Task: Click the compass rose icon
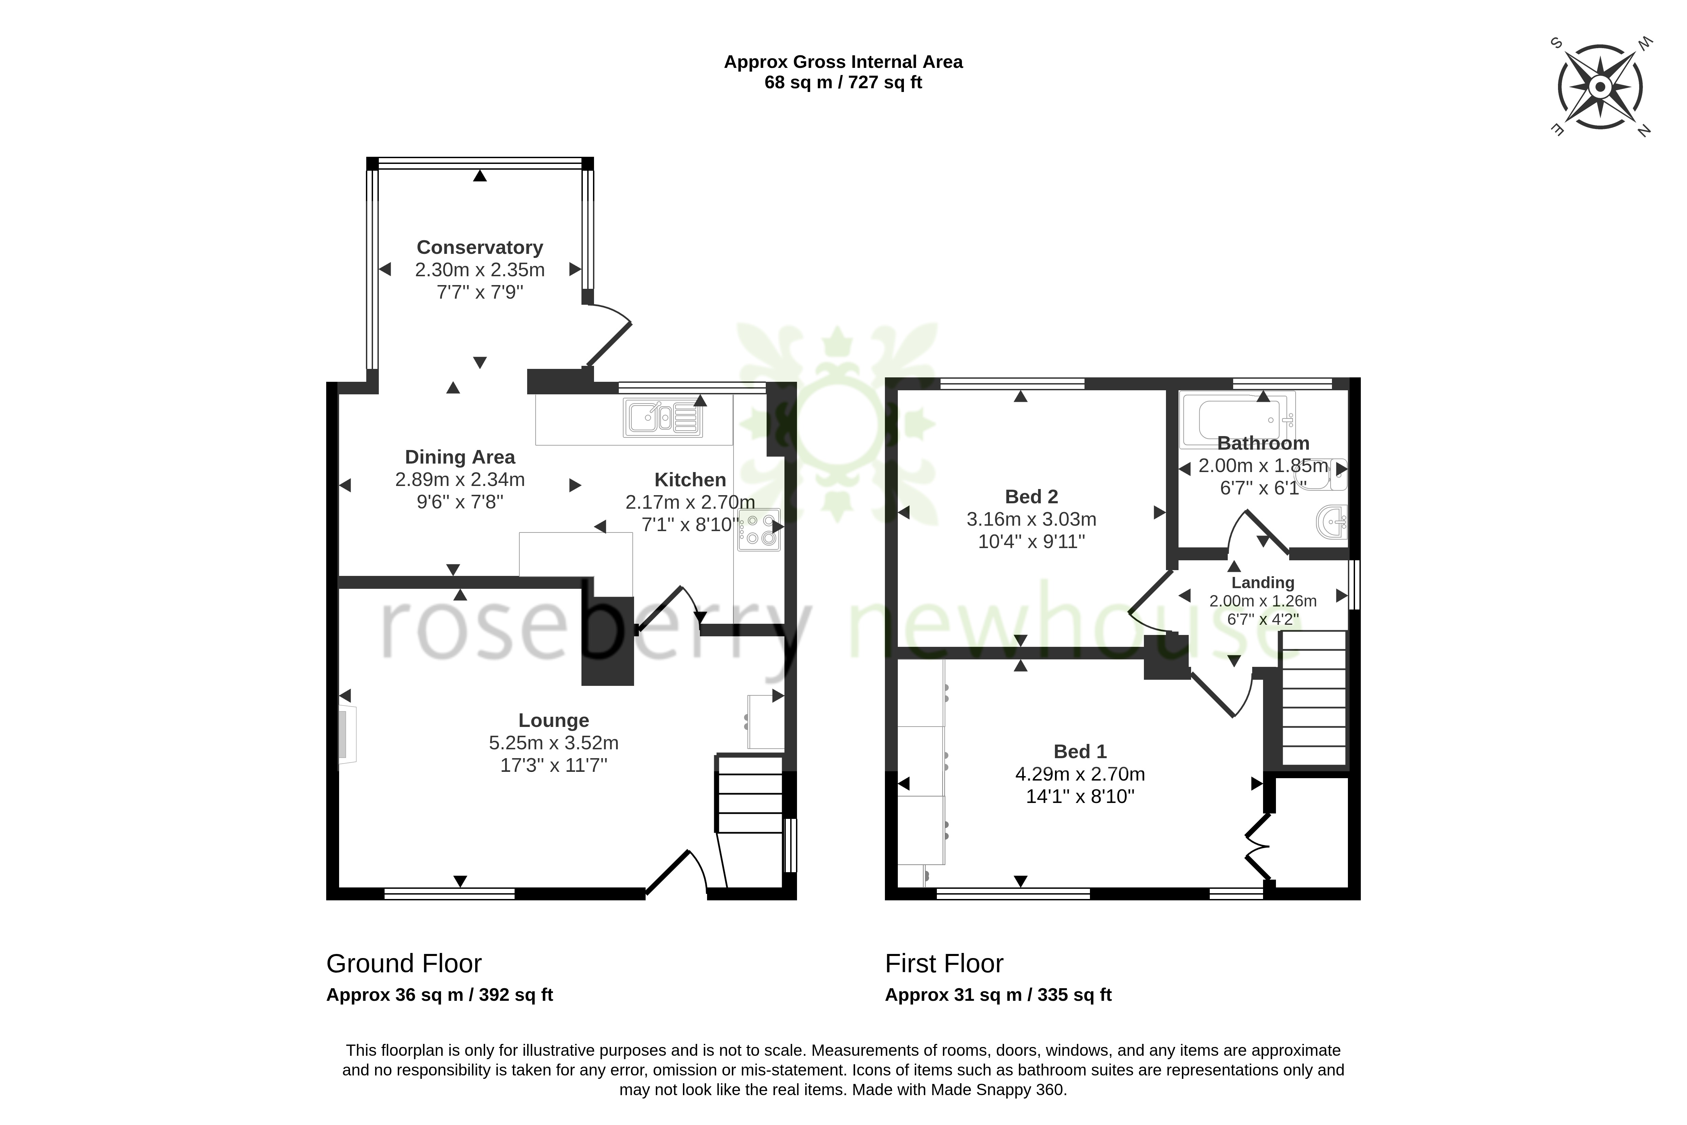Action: pos(1600,87)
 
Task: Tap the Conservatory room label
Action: pos(479,247)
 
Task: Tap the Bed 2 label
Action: pos(1031,496)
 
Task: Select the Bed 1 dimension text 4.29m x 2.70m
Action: pos(1080,774)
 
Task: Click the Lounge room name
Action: pos(553,720)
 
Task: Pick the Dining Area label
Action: pos(460,457)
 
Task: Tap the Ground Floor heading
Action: pos(404,963)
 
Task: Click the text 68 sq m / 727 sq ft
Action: pos(843,82)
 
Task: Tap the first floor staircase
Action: pos(1313,697)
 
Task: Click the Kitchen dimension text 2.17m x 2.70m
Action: pos(690,502)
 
